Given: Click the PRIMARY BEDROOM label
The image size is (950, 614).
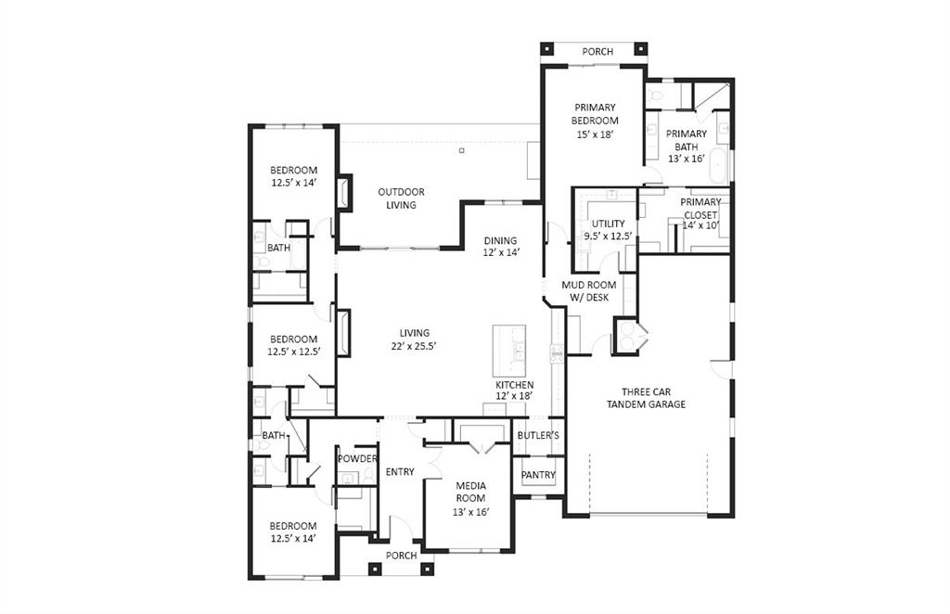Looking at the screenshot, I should tap(595, 114).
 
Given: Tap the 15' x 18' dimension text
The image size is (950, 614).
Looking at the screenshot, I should tap(595, 134).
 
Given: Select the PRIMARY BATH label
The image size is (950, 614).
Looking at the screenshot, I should tap(687, 140).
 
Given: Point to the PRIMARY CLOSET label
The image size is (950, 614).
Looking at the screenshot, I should tap(700, 209).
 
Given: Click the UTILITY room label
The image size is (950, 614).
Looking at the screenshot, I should tap(609, 224).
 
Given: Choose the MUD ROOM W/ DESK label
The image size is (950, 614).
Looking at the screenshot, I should tap(585, 291).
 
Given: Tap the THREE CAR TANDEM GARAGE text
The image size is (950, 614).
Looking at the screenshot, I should tap(646, 398).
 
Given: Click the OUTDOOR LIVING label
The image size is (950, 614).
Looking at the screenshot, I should tap(401, 198).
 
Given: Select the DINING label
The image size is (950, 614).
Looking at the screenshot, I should tap(500, 240).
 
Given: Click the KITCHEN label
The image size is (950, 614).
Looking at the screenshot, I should tap(514, 385).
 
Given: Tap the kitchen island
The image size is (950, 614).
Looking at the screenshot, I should tap(508, 348).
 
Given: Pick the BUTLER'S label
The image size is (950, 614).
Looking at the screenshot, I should tap(538, 435).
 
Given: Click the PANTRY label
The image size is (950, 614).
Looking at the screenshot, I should tap(538, 475).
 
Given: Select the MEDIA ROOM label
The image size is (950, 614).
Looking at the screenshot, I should tap(470, 492).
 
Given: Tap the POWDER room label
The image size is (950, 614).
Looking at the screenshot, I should tap(357, 459).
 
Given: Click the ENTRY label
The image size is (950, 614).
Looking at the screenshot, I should tap(400, 472).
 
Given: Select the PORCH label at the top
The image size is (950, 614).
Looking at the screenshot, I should tap(597, 52).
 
